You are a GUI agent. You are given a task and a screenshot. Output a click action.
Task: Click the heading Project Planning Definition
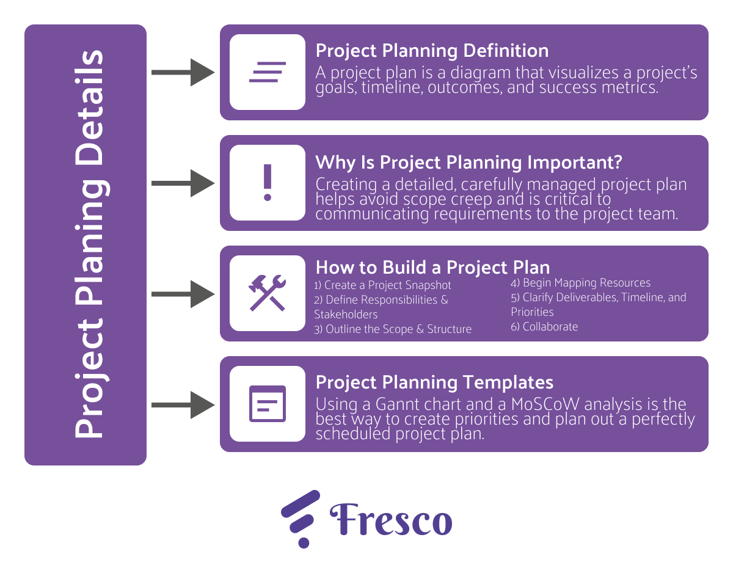click(432, 51)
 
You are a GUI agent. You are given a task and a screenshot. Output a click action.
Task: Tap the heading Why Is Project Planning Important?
click(469, 162)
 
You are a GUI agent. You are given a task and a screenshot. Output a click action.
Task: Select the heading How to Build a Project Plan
click(432, 268)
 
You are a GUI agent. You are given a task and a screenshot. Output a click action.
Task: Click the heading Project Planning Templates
click(434, 383)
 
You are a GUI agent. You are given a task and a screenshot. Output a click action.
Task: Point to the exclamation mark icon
click(268, 183)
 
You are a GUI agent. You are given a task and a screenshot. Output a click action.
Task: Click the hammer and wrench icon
click(267, 293)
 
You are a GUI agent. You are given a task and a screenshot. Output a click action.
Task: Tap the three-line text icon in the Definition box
click(268, 72)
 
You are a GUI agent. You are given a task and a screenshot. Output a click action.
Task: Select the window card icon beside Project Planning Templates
click(268, 404)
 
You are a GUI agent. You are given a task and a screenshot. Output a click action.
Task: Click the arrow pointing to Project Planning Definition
click(183, 72)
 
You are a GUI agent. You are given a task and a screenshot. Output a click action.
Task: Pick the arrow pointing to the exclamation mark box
click(183, 183)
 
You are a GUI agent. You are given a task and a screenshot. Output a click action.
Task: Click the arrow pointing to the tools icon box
click(183, 294)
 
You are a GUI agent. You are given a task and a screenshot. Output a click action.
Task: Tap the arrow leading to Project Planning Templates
click(183, 405)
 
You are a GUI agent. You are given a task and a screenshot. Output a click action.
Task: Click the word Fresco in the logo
click(391, 519)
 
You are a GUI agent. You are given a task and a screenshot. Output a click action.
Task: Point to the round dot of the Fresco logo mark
click(304, 542)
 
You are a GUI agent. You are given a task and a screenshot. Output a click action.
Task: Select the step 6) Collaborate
click(544, 326)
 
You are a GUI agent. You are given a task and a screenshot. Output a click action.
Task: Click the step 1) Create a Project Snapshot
click(382, 285)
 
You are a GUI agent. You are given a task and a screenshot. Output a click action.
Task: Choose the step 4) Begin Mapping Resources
click(580, 283)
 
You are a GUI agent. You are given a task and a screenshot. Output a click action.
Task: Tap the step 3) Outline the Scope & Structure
click(393, 329)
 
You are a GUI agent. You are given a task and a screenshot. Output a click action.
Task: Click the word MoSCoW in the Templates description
click(545, 404)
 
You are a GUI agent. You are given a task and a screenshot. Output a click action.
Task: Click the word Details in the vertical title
click(89, 108)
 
